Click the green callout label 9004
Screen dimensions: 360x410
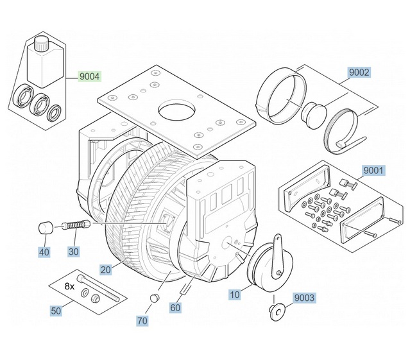90,77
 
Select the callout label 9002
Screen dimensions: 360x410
359,73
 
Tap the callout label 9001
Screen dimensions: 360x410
373,171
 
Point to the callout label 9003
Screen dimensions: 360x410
304,298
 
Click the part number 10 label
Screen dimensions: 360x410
235,295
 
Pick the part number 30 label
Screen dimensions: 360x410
74,252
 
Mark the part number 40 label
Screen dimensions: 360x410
44,252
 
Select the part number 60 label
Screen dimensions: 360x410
175,307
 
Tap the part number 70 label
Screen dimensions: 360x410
142,320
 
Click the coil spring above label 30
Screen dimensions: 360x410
76,226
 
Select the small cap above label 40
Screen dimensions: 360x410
45,227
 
